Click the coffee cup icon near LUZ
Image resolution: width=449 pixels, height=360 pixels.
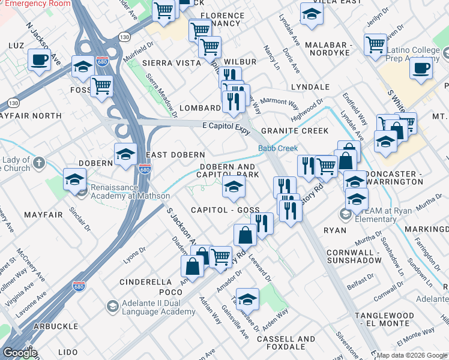[x=39, y=59]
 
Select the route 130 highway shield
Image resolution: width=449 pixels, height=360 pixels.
[x=124, y=37]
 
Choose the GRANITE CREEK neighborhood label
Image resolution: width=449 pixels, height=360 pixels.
[x=294, y=131]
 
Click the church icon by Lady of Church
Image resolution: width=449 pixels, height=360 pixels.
[x=39, y=163]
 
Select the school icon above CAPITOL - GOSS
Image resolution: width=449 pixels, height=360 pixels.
[x=234, y=187]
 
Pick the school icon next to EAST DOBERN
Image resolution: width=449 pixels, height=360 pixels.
[x=125, y=154]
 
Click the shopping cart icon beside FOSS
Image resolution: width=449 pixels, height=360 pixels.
[x=102, y=86]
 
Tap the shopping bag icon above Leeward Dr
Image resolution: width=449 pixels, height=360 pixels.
[x=245, y=235]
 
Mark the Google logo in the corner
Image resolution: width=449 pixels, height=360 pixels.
[x=20, y=353]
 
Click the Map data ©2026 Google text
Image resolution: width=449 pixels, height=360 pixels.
[x=412, y=355]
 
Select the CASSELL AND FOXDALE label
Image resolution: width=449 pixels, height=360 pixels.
[x=286, y=343]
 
